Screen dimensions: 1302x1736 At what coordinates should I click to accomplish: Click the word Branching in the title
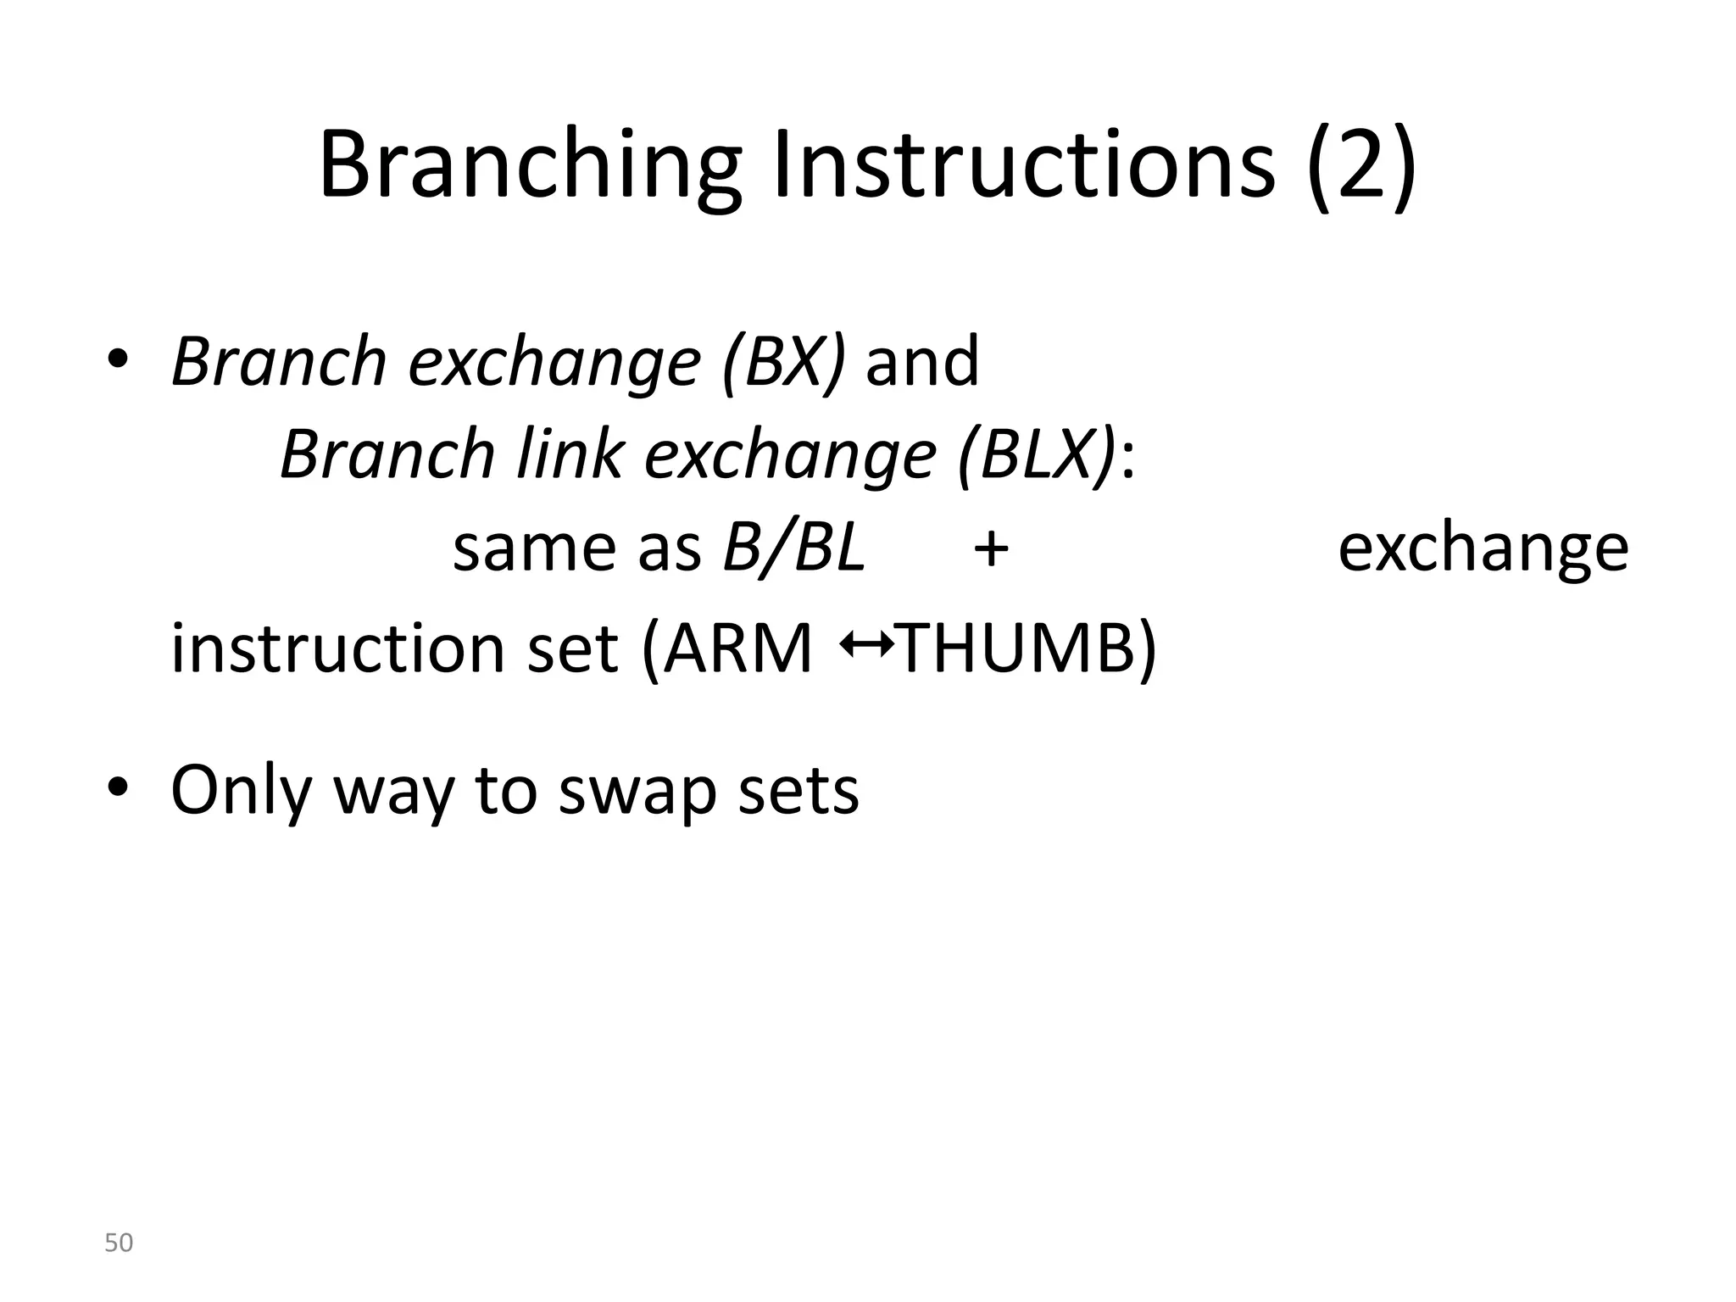[x=530, y=165]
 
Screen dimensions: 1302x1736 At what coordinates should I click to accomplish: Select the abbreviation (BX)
[x=783, y=362]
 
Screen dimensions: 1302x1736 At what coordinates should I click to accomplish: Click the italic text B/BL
[x=793, y=548]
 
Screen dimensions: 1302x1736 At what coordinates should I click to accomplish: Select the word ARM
[x=737, y=648]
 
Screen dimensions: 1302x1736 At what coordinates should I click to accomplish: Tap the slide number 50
[x=119, y=1243]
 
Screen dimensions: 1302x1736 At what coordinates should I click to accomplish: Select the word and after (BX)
[x=921, y=362]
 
